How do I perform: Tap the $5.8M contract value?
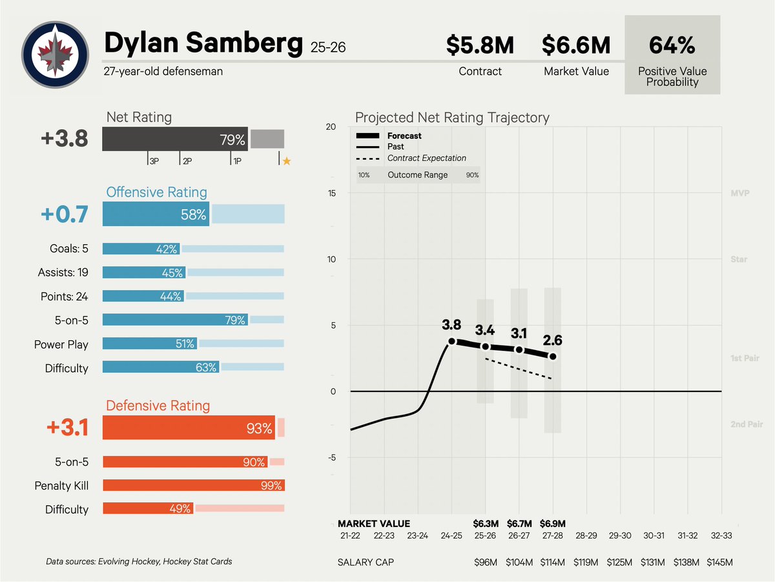[x=480, y=46]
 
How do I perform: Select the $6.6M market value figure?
[x=576, y=46]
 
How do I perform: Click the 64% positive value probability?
[x=672, y=46]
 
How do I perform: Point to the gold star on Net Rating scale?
[x=287, y=161]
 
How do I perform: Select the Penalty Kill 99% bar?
[x=193, y=486]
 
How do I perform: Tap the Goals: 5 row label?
[x=68, y=249]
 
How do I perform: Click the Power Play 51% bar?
[x=150, y=344]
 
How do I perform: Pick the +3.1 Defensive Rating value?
[x=67, y=428]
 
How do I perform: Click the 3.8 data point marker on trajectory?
[x=451, y=341]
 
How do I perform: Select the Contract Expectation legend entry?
[x=426, y=158]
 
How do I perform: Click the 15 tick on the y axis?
[x=331, y=193]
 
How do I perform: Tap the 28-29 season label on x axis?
[x=586, y=535]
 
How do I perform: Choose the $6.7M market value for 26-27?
[x=519, y=524]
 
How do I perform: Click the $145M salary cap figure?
[x=719, y=563]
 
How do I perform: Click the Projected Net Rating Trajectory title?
[x=452, y=118]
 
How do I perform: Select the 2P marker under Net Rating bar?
[x=187, y=161]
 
